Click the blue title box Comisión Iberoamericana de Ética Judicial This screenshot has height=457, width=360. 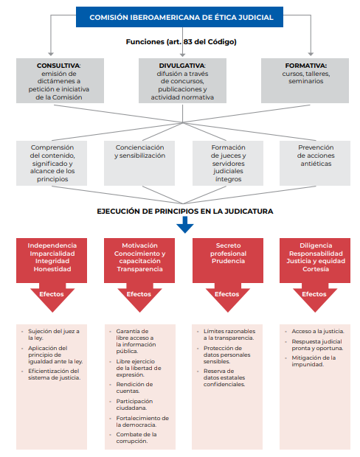pos(179,17)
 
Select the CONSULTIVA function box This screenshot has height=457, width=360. pos(60,81)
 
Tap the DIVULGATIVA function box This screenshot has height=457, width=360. pos(182,81)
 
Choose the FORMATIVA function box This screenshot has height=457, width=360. pos(305,81)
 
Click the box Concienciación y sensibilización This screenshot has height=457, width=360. pos(139,163)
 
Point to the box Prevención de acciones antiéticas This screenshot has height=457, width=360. pos(315,163)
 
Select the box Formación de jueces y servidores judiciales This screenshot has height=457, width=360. pos(228,163)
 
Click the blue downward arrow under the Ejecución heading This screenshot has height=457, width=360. pos(185,225)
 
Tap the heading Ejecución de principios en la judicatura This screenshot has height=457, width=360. pos(185,212)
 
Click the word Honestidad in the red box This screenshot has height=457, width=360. pos(52,269)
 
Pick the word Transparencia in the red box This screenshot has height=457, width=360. pos(139,269)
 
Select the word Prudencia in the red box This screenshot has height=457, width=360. pos(228,261)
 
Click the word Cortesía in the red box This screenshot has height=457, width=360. pos(316,269)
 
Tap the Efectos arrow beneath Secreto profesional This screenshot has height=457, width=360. pos(228,297)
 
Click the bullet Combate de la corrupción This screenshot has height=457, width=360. pos(136,438)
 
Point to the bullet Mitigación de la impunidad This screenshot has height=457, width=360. pos(314,361)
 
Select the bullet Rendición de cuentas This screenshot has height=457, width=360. pos(134,388)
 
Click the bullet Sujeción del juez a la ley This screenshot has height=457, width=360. pos(54,335)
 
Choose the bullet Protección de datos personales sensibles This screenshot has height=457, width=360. pos(226,355)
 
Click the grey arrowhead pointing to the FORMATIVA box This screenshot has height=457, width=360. pos(311,54)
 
